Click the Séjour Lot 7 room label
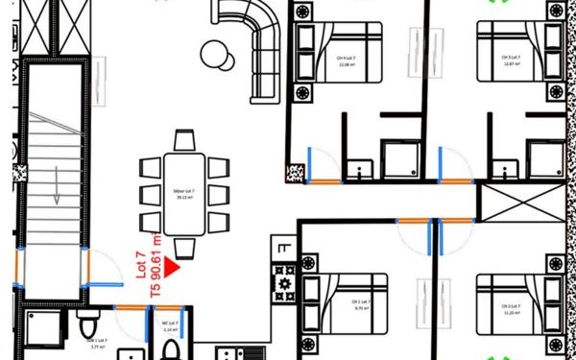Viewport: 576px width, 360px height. (184, 195)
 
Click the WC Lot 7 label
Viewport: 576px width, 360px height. (170, 325)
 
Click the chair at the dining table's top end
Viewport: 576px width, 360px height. (184, 141)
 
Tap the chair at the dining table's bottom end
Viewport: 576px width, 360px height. (184, 248)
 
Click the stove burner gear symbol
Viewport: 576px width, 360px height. (284, 283)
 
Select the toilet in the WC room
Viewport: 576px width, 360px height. (171, 348)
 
